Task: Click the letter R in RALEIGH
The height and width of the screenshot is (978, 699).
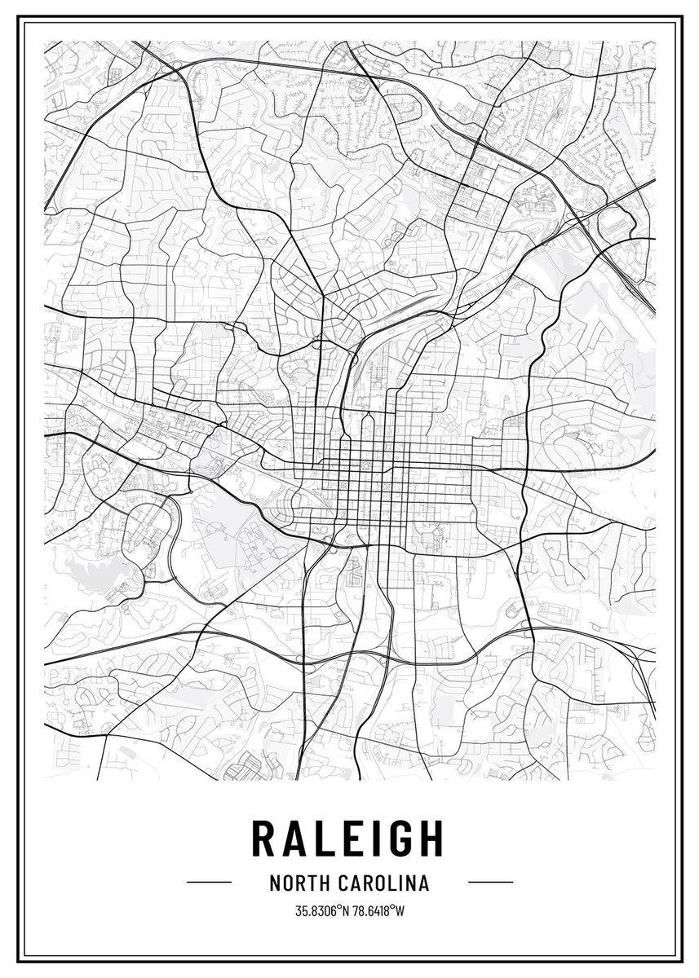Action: tap(265, 838)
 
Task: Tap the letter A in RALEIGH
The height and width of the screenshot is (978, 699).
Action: tap(299, 838)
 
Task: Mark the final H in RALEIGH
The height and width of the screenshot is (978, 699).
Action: tap(432, 838)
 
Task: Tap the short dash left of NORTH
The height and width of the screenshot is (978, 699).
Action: tap(209, 882)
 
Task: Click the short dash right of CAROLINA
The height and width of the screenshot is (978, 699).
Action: tap(490, 882)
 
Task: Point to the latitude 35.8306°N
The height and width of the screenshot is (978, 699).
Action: tap(322, 910)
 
